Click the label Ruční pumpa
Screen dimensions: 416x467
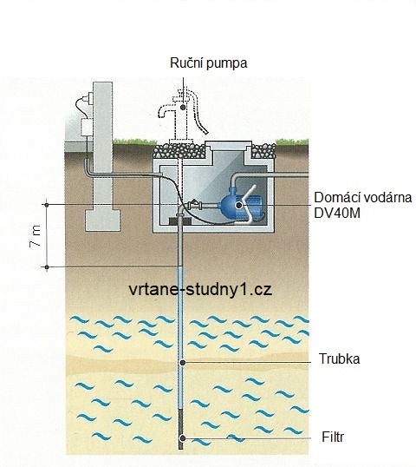click(209, 63)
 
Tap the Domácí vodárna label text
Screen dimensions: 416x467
click(363, 197)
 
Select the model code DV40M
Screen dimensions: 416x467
click(337, 213)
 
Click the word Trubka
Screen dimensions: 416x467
click(339, 358)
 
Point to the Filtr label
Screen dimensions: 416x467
click(333, 437)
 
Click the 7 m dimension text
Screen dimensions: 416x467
click(36, 236)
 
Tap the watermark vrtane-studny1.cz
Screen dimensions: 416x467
click(200, 290)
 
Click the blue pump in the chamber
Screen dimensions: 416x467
click(241, 205)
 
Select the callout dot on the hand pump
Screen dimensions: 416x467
click(183, 107)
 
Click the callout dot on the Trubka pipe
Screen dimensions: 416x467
click(183, 363)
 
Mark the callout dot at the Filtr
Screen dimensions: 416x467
click(183, 438)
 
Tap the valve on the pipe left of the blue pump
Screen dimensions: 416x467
click(195, 204)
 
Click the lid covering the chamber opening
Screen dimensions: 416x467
click(229, 146)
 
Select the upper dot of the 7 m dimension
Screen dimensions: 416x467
click(47, 205)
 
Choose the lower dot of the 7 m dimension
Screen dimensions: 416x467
click(47, 267)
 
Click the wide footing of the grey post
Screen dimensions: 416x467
click(102, 220)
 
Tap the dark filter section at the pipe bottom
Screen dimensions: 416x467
click(180, 429)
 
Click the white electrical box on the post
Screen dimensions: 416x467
click(87, 127)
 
